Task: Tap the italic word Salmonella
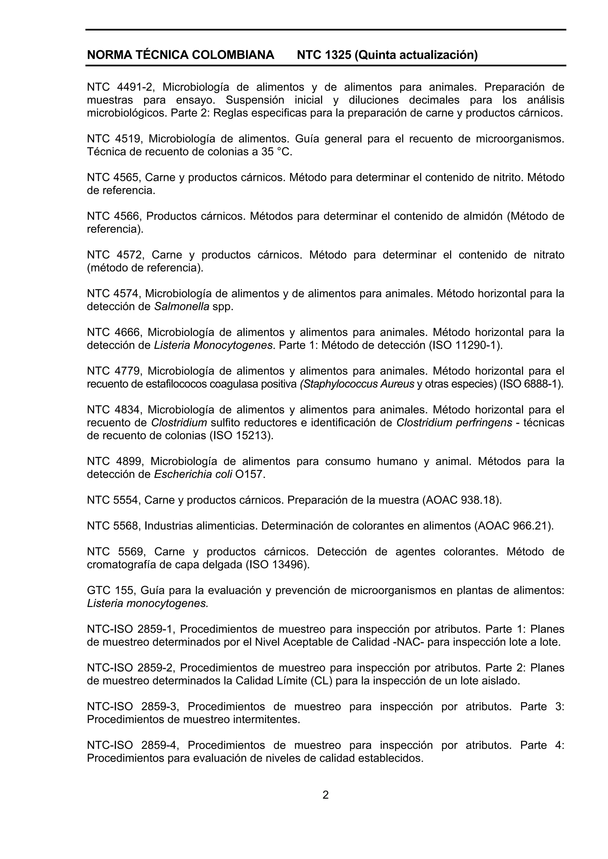[182, 307]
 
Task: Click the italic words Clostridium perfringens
[454, 423]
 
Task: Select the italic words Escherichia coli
[193, 474]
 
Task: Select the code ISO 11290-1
[465, 345]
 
